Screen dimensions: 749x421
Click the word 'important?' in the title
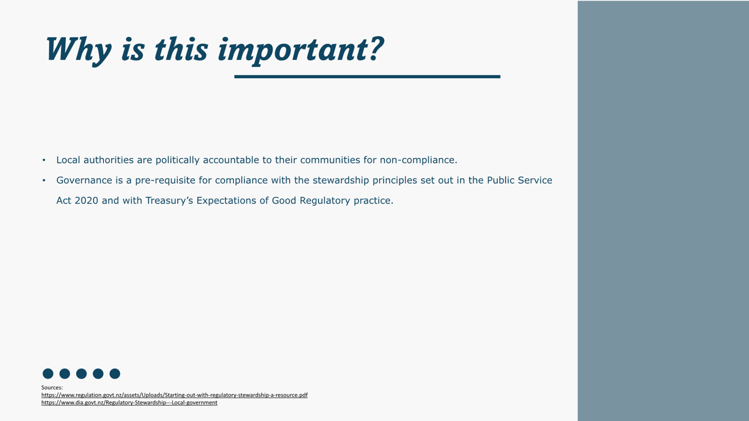[x=301, y=50]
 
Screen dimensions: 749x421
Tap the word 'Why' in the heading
[x=78, y=50]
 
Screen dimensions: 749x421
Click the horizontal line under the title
[x=367, y=77]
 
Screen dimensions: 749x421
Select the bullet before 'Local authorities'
[x=44, y=160]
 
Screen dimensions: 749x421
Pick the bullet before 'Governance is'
[x=44, y=181]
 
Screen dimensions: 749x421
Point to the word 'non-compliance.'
[x=418, y=160]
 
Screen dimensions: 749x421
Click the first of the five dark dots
[x=48, y=374]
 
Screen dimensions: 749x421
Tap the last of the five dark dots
[x=115, y=374]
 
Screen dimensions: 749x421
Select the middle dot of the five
[x=81, y=374]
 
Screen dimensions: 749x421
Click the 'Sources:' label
[x=52, y=387]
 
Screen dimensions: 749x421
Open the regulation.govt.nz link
[x=174, y=395]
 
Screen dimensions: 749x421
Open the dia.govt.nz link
[x=129, y=403]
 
